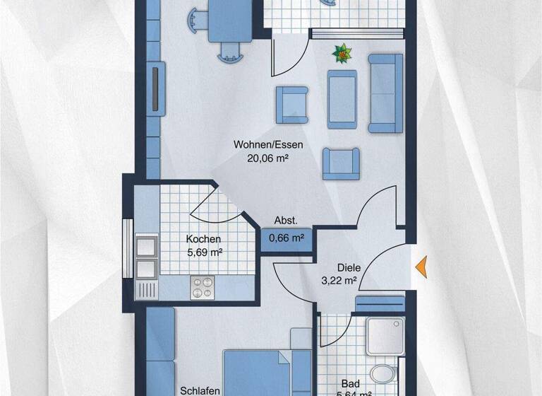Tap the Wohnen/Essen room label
coord(268,145)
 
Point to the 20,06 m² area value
coord(268,159)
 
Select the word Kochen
coord(203,239)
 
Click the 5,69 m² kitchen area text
coord(203,252)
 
